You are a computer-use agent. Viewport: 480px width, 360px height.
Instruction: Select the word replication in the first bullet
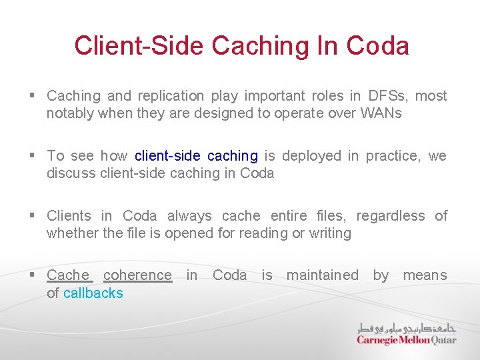[x=170, y=96]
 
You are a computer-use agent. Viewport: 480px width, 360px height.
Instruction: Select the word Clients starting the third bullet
[x=69, y=216]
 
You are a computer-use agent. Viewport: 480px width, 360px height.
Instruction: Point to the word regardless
[x=390, y=216]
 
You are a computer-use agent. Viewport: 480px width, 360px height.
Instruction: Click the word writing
[x=329, y=233]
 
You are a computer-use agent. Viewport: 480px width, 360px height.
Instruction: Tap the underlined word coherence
[x=137, y=275]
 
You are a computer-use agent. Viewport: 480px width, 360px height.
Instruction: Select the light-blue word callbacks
[x=93, y=293]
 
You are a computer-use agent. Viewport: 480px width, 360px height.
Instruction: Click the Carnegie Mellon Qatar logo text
[x=406, y=340]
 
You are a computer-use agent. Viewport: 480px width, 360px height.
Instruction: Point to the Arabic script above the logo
[x=407, y=328]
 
